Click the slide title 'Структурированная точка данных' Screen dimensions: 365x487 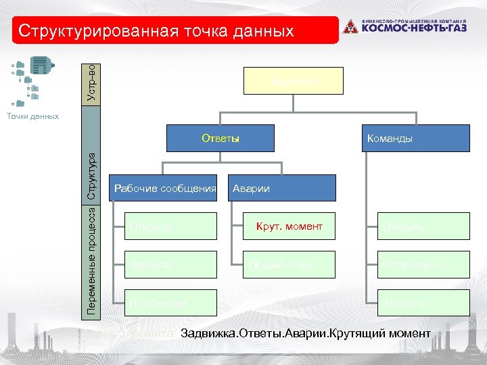tap(156, 31)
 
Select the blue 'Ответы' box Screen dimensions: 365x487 tap(221, 139)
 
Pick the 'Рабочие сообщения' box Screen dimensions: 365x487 tap(164, 188)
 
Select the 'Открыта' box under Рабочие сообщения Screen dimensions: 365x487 tap(164, 227)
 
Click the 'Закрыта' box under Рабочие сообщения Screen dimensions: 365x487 tap(164, 264)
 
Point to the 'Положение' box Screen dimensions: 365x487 tap(164, 302)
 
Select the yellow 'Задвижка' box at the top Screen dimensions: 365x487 tap(294, 81)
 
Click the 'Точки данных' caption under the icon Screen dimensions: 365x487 tap(32, 116)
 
